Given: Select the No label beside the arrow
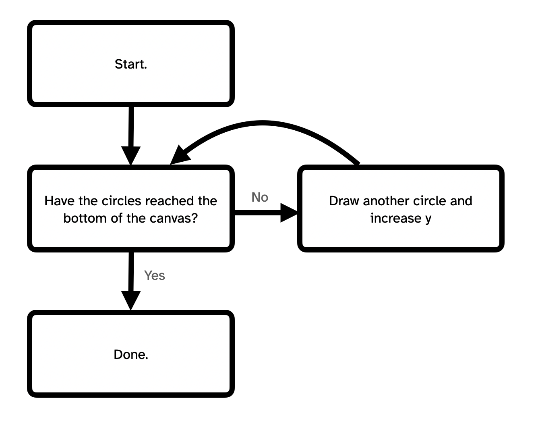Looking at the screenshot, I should (260, 197).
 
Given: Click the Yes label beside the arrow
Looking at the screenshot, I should (155, 275).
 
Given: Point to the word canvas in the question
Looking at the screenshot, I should (173, 218).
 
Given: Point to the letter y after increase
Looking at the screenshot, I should (428, 219).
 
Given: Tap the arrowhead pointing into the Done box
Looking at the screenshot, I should (131, 300).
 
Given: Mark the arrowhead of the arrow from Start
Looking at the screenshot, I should (131, 155).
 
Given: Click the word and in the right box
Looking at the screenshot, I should (461, 201).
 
